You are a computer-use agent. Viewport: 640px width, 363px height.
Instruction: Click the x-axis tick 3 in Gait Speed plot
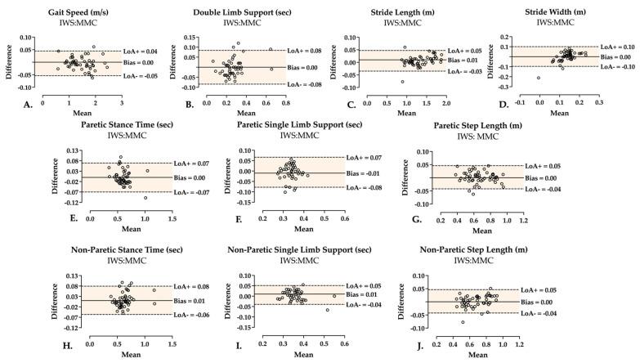pyautogui.click(x=122, y=103)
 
